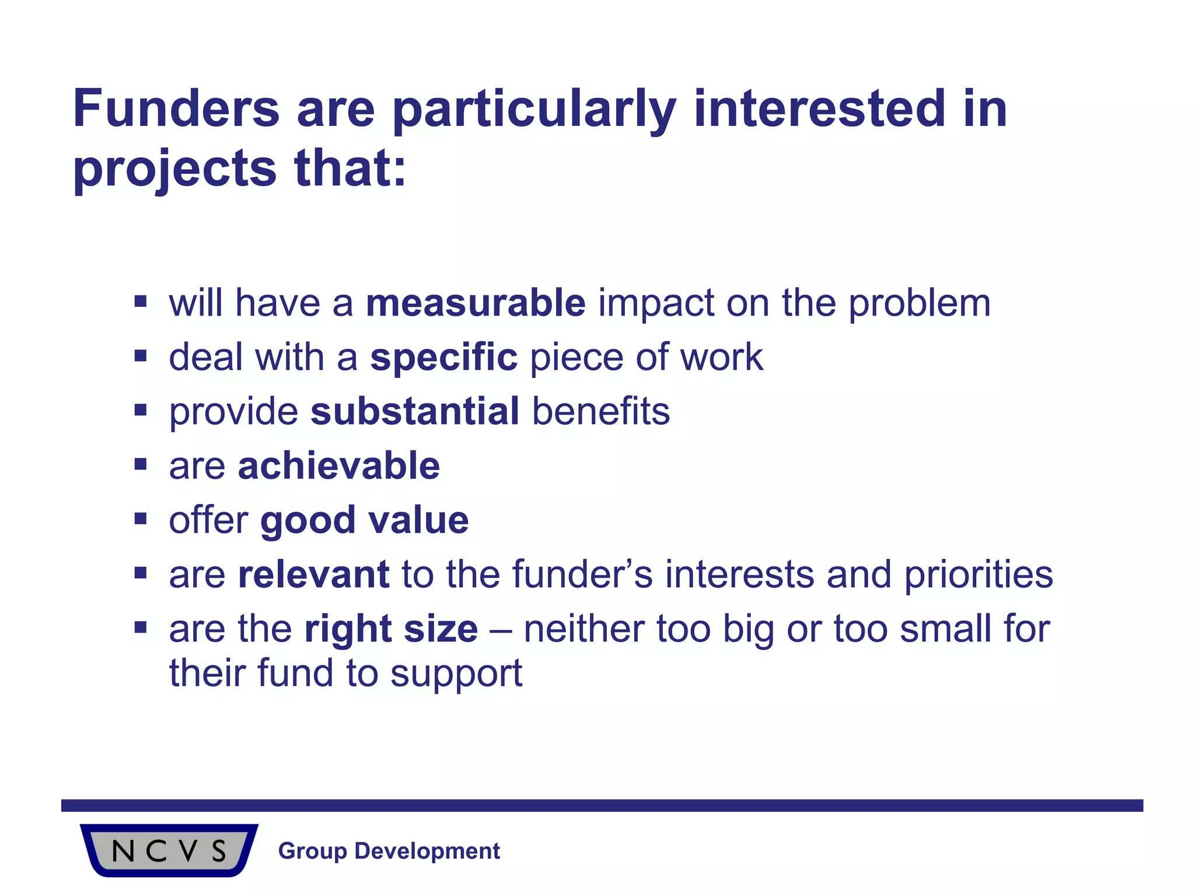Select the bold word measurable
pyautogui.click(x=475, y=303)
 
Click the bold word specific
pyautogui.click(x=443, y=357)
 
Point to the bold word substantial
pyautogui.click(x=414, y=411)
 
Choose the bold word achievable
pyautogui.click(x=338, y=466)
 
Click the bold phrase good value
pyautogui.click(x=364, y=520)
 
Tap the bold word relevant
pyautogui.click(x=313, y=574)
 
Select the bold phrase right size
pyautogui.click(x=391, y=629)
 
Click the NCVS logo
pyautogui.click(x=169, y=850)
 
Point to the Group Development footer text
pyautogui.click(x=389, y=851)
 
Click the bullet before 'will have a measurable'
pyautogui.click(x=140, y=302)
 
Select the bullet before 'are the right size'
pyautogui.click(x=140, y=628)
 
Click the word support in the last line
pyautogui.click(x=456, y=674)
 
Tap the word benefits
pyautogui.click(x=600, y=411)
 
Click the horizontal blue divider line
pyautogui.click(x=601, y=806)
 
